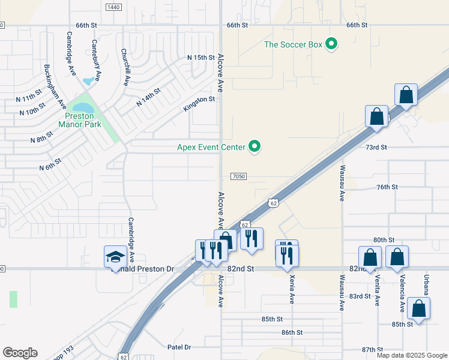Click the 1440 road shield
[x=113, y=7]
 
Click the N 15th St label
[x=200, y=57]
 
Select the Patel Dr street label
[x=179, y=347]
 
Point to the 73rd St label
[x=376, y=147]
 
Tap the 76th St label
[x=387, y=187]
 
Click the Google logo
[x=20, y=353]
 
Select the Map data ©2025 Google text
[x=412, y=355]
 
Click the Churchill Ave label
[x=124, y=67]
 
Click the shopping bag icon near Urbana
[x=419, y=308]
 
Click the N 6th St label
[x=50, y=164]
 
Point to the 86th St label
[x=291, y=332]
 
